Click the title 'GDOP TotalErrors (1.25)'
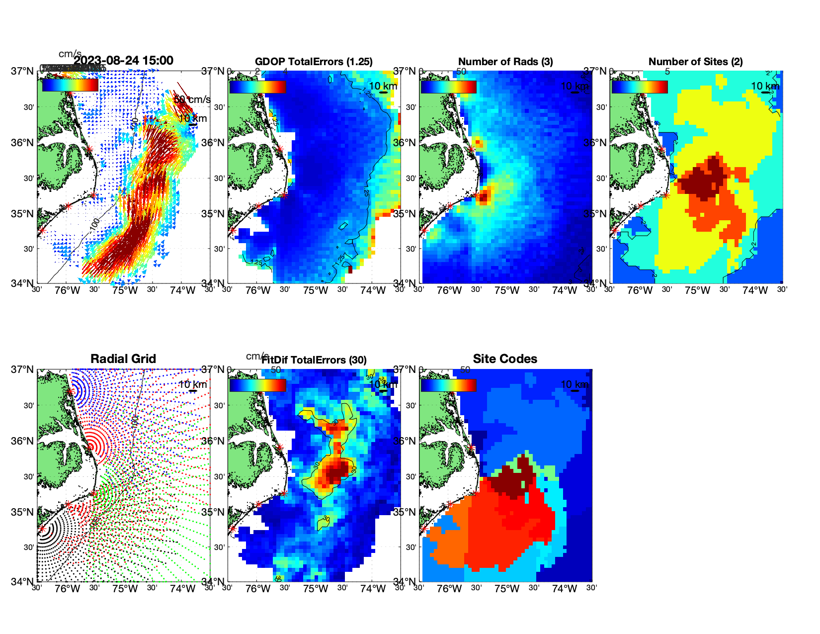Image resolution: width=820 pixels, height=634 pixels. point(314,62)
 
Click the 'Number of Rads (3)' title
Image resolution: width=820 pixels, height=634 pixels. point(505,62)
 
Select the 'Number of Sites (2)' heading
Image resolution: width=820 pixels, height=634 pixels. point(695,62)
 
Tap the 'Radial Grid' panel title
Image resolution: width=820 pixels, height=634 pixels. point(123,359)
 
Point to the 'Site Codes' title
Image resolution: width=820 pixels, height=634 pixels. point(505,359)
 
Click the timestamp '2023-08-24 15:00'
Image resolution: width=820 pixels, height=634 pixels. point(124,61)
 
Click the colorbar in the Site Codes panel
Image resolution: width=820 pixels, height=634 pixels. point(448,385)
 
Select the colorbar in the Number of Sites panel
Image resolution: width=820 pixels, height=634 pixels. point(640,87)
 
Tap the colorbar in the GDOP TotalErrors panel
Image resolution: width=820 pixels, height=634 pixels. point(257,87)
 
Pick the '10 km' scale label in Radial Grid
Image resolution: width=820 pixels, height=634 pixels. point(193,384)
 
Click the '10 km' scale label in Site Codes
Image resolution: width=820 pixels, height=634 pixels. point(574,384)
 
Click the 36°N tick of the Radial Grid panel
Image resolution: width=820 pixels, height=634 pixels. point(23,441)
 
